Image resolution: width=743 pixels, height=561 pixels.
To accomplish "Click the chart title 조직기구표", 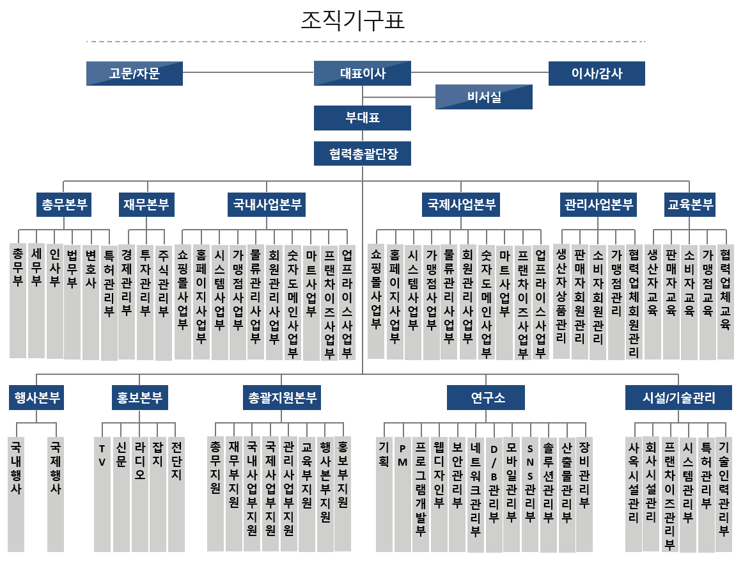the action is [x=353, y=20].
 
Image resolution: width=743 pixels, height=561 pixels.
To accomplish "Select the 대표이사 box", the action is [x=363, y=74].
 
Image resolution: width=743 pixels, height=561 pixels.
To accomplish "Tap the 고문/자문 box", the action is [x=134, y=74].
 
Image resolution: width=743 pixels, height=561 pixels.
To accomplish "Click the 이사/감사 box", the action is [x=597, y=74].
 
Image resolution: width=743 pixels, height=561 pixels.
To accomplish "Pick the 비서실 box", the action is [x=484, y=97].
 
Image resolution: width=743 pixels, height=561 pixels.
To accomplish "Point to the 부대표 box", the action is [x=363, y=118].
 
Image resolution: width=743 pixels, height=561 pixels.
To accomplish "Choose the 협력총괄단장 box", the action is [x=363, y=154].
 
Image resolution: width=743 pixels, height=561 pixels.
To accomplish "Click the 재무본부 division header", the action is [x=146, y=205].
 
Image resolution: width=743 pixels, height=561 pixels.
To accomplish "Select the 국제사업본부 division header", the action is [x=461, y=205].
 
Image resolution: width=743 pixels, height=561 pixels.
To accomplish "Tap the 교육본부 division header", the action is [x=690, y=205].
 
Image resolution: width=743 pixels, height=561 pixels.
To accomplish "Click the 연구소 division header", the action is [x=486, y=397].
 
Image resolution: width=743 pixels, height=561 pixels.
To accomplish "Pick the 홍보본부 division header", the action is [x=139, y=397].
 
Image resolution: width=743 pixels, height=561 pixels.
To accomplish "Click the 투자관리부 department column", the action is [x=145, y=302].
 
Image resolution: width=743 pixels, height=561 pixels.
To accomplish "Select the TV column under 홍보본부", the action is [x=102, y=494].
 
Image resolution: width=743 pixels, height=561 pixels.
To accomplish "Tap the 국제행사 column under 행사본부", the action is [x=56, y=494].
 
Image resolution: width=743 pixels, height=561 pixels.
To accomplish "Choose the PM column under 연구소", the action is [x=403, y=494].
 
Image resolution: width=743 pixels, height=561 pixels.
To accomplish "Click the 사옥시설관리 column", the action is [x=634, y=494].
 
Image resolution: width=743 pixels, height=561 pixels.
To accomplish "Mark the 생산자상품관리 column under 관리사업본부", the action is [x=561, y=302].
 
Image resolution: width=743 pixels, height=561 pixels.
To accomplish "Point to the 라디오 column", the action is [x=140, y=494].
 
